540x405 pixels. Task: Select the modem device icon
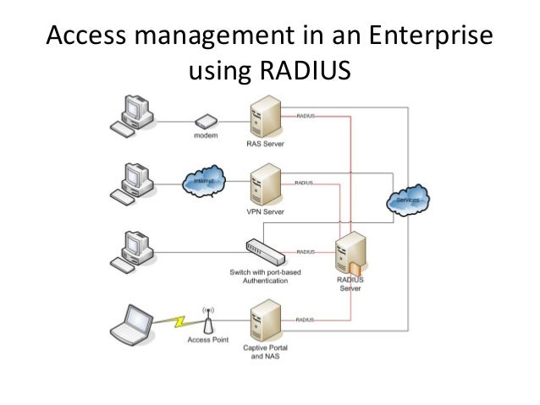coord(203,122)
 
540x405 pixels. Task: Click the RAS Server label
coord(265,144)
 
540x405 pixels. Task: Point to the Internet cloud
coord(204,181)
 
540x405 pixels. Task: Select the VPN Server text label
coord(264,211)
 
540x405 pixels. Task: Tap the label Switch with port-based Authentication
coord(264,276)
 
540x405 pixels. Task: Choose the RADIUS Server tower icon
coord(349,256)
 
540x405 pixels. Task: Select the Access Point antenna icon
coord(207,320)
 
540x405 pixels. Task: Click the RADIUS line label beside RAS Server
coord(305,115)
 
